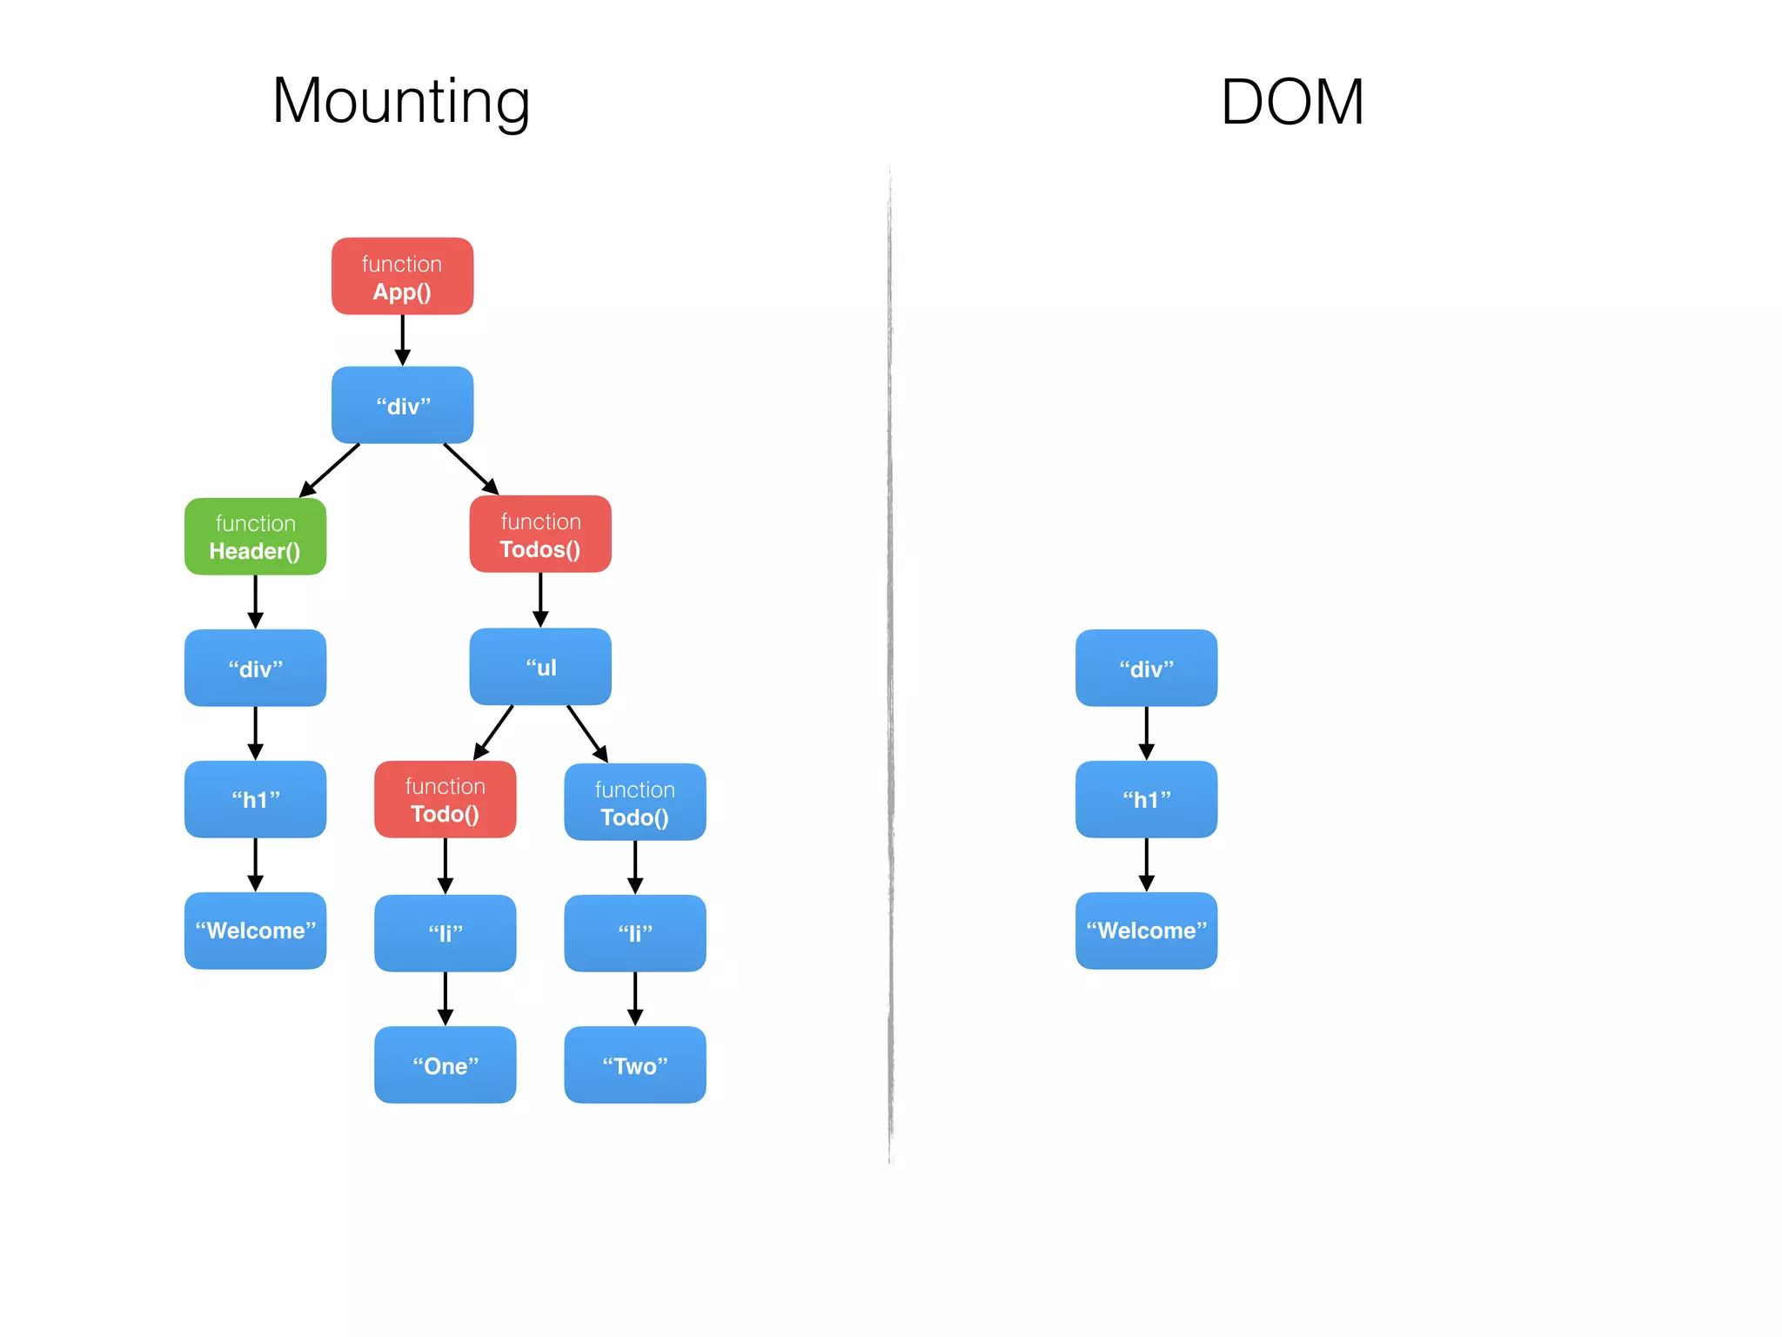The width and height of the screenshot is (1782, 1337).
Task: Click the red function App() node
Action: (x=402, y=276)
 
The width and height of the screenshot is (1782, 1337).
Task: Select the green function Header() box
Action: (x=255, y=536)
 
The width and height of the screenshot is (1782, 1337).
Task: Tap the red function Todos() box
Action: (x=540, y=534)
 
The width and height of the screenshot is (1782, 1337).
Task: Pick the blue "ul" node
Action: (x=540, y=667)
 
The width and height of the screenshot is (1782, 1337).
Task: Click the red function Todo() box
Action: (x=445, y=799)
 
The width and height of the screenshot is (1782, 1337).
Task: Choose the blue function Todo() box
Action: (x=634, y=802)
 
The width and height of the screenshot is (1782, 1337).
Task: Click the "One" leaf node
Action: (x=445, y=1065)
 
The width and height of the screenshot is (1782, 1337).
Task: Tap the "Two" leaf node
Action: (x=634, y=1065)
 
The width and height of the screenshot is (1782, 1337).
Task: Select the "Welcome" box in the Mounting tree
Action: (x=255, y=931)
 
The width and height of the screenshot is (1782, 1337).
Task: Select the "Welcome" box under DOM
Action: (x=1146, y=931)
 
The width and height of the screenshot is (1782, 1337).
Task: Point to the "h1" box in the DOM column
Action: (x=1146, y=799)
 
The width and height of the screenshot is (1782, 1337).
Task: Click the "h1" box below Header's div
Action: (x=255, y=799)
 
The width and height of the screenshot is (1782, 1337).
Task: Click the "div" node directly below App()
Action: (x=402, y=405)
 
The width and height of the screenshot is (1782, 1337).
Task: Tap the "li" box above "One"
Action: (x=445, y=933)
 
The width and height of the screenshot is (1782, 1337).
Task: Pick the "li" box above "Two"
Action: (x=634, y=933)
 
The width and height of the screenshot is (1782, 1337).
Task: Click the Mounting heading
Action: (x=401, y=101)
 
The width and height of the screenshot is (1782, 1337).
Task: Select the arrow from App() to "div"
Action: (x=402, y=339)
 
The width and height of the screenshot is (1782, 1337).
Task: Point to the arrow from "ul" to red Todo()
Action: (x=493, y=732)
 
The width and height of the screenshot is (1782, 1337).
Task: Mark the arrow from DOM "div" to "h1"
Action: (x=1146, y=733)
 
